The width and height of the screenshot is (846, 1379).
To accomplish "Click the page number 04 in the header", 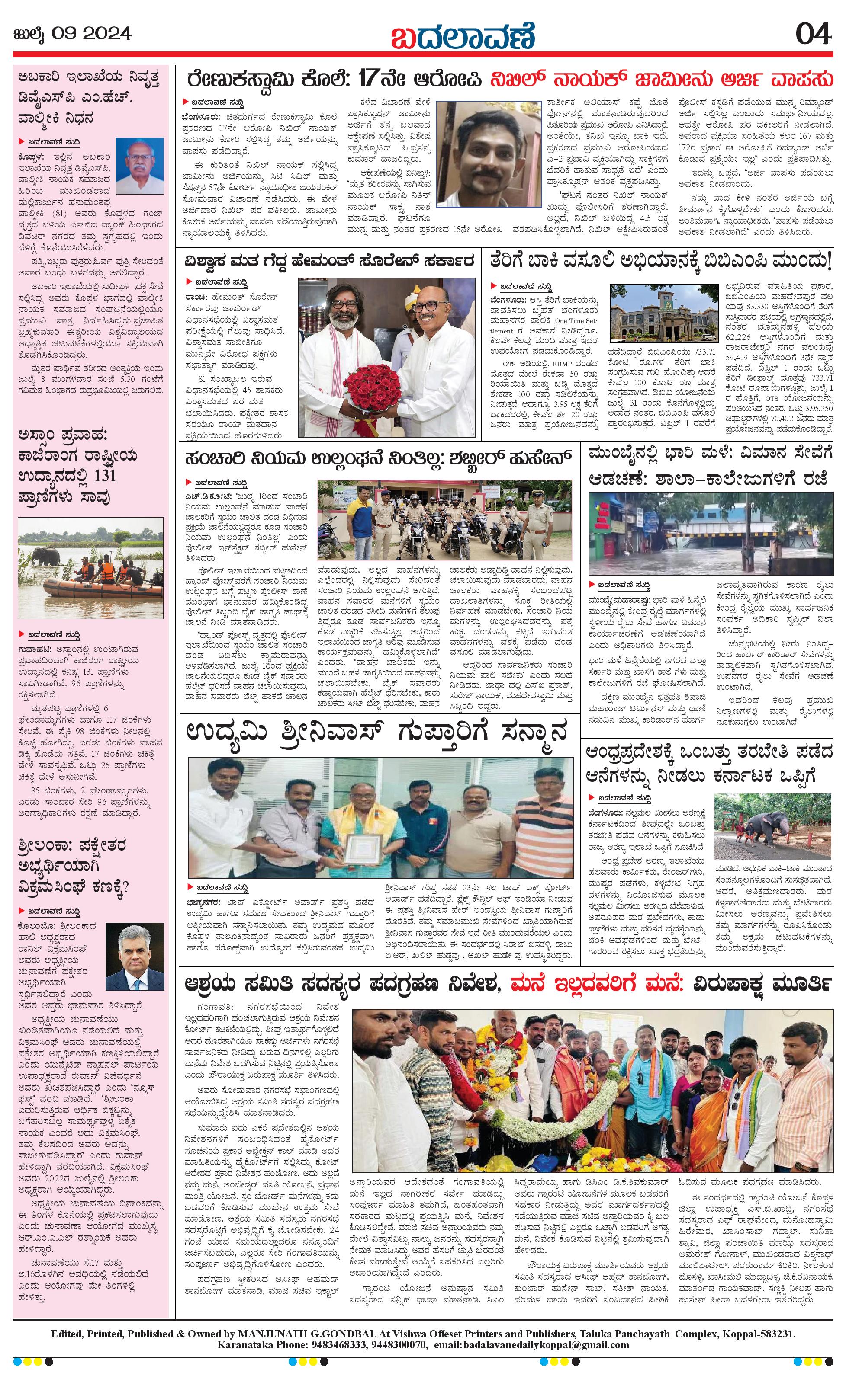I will tap(814, 34).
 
